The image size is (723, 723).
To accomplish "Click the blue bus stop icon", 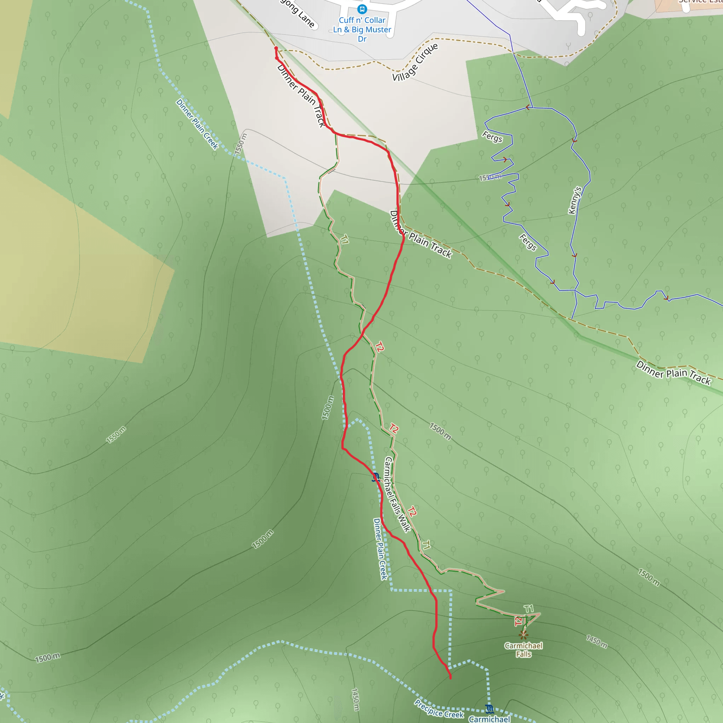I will pyautogui.click(x=361, y=8).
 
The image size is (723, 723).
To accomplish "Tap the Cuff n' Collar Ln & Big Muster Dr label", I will pyautogui.click(x=362, y=30).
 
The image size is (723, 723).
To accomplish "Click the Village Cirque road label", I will pyautogui.click(x=415, y=62).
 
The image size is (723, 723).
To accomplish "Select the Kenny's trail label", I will pyautogui.click(x=574, y=200).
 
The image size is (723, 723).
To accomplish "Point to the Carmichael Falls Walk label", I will pyautogui.click(x=397, y=494).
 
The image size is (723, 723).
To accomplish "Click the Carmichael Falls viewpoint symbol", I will pyautogui.click(x=524, y=635).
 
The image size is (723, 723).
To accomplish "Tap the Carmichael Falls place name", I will pyautogui.click(x=523, y=650).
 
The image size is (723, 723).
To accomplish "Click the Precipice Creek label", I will pyautogui.click(x=438, y=709).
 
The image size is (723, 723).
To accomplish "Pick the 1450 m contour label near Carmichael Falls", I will pyautogui.click(x=597, y=641).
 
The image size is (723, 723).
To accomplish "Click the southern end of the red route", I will pyautogui.click(x=450, y=678).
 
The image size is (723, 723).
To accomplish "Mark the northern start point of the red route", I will pyautogui.click(x=276, y=48).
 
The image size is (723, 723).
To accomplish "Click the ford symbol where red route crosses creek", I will pyautogui.click(x=375, y=477).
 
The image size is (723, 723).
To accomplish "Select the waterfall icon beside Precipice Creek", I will pyautogui.click(x=489, y=709).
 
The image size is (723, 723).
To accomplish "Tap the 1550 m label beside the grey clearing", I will pyautogui.click(x=241, y=144).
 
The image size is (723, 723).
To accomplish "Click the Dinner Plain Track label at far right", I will pyautogui.click(x=673, y=373).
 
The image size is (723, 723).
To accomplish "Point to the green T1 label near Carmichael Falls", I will pyautogui.click(x=528, y=609).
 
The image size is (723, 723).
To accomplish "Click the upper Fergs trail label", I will pyautogui.click(x=492, y=137).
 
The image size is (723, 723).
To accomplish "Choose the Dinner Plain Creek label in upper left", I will pyautogui.click(x=197, y=124).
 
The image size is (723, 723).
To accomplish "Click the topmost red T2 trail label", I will pyautogui.click(x=379, y=347).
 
